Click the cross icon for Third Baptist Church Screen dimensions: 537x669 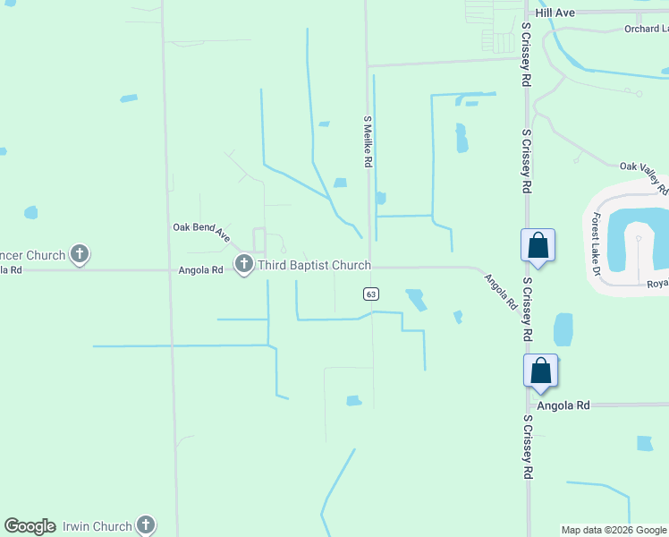(x=244, y=264)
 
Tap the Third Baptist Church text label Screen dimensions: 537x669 (x=314, y=265)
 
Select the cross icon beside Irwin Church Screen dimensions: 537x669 (x=145, y=526)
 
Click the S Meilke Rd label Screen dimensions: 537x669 (x=367, y=141)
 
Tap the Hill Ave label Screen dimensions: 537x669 (x=555, y=13)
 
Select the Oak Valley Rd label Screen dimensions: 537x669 (x=644, y=176)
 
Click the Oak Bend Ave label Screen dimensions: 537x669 (x=202, y=233)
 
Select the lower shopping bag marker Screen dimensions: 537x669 (x=541, y=371)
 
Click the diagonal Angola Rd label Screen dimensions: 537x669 (x=501, y=292)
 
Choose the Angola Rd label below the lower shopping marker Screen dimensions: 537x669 (x=563, y=405)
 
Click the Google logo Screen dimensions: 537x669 (x=30, y=526)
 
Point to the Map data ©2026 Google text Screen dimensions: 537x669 (x=614, y=530)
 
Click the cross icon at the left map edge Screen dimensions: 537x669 (x=80, y=255)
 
